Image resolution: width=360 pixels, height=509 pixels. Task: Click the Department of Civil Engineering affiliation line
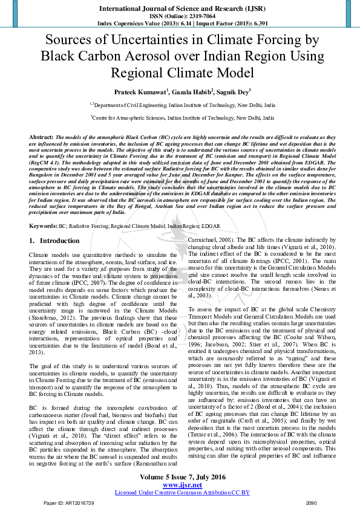coord(180,105)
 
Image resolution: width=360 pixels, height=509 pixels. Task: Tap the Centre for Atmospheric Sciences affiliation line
coord(180,118)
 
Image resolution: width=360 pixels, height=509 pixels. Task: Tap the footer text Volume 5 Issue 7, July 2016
coord(180,477)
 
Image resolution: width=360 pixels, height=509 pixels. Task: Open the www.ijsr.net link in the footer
coord(180,484)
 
